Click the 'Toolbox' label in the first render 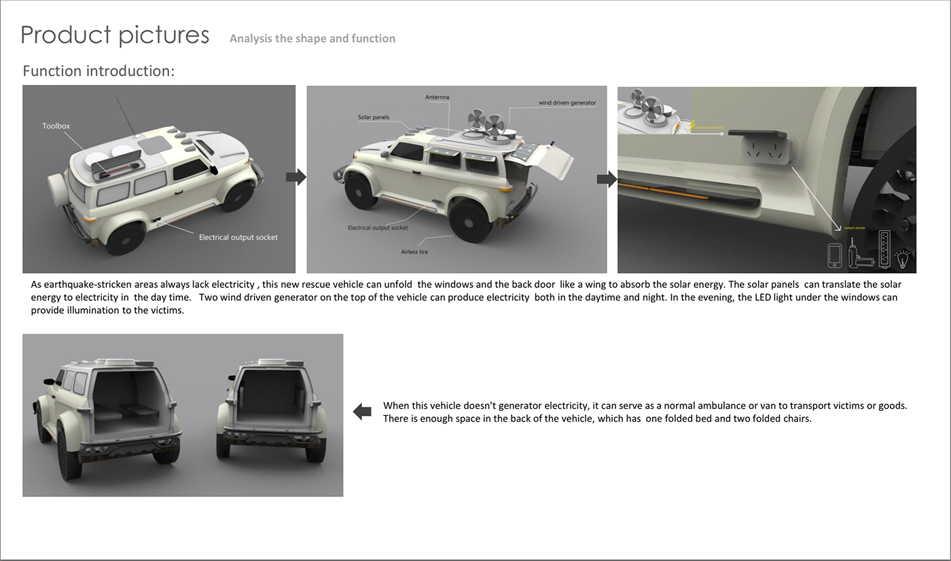point(56,126)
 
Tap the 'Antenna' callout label point(437,97)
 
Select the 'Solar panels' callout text point(374,117)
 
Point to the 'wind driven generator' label point(567,103)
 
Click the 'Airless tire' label point(414,251)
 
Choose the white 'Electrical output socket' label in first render point(238,237)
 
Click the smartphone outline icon point(835,256)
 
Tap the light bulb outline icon point(903,259)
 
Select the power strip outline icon point(884,249)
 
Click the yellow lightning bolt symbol point(692,126)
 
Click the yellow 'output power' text point(855,228)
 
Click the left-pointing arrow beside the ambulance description point(362,411)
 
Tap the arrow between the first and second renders point(295,177)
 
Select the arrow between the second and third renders point(607,179)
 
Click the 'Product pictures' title point(115,34)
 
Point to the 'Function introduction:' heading point(98,71)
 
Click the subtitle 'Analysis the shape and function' point(312,39)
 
